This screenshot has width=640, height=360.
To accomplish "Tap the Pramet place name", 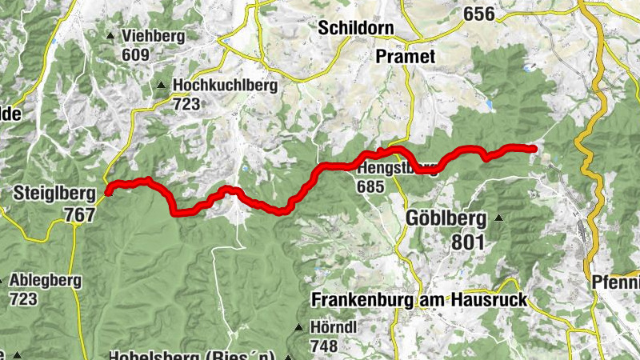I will coord(406,56).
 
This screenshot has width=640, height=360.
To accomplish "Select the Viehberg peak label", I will coord(153,36).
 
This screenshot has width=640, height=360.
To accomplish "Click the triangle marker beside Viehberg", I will coord(110,35).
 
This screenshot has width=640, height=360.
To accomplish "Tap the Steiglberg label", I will coord(54,193).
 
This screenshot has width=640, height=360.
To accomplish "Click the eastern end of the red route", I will coord(534,148).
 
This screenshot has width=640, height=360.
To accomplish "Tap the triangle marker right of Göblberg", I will coord(499,218).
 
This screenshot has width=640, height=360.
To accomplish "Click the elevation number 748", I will coord(323,346).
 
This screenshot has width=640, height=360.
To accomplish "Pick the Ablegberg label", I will coord(46,281).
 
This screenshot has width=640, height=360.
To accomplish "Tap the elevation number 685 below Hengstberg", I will coord(372,187).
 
